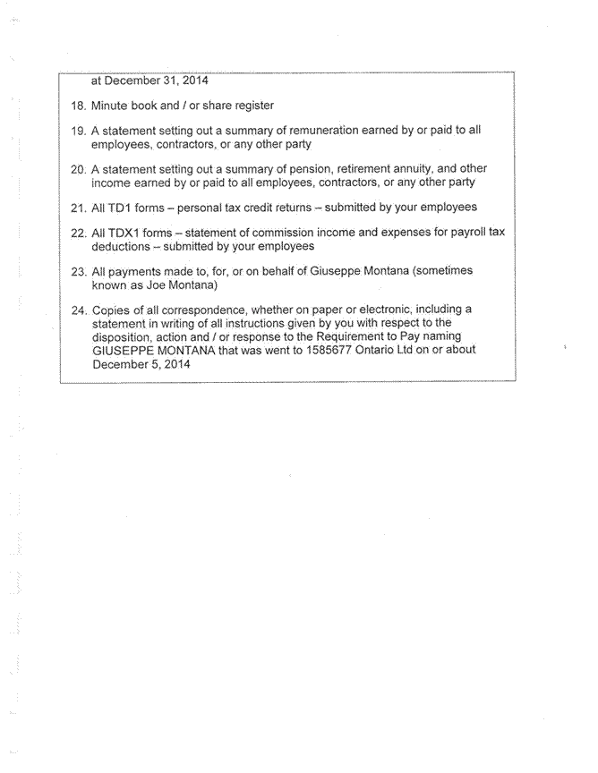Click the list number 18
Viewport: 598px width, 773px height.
point(78,106)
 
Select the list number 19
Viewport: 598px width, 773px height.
point(78,130)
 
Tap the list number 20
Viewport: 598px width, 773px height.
point(78,168)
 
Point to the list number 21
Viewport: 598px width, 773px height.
point(78,207)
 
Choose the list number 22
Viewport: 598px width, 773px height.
point(78,232)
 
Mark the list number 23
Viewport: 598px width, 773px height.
point(78,270)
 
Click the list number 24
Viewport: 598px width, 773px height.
point(78,309)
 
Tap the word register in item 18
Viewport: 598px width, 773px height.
point(252,106)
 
